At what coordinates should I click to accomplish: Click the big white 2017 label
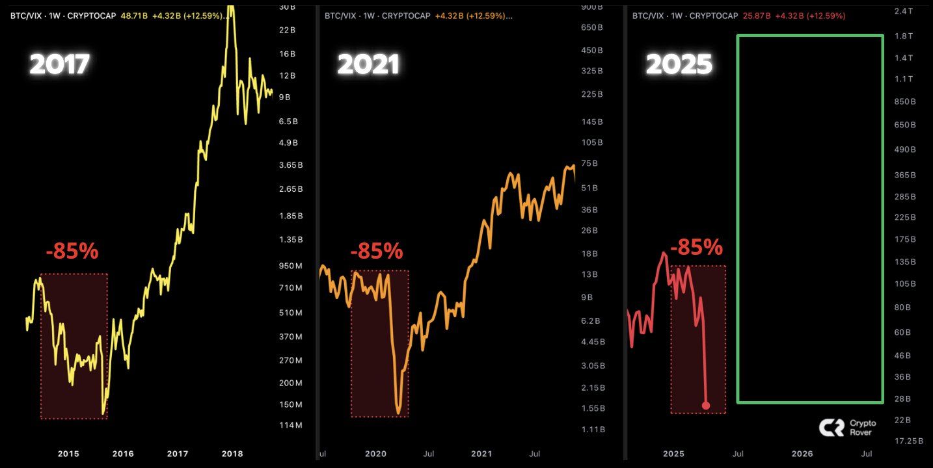(59, 64)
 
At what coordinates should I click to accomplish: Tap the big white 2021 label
(368, 64)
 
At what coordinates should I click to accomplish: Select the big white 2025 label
(679, 64)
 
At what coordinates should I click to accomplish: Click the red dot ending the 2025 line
(706, 406)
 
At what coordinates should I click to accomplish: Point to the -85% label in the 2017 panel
(72, 251)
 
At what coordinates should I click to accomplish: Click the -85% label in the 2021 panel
(376, 251)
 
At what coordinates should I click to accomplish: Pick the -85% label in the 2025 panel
(696, 247)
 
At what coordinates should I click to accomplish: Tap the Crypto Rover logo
(847, 427)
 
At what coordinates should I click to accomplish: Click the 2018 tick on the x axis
(232, 454)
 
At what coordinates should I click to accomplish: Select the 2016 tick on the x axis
(123, 454)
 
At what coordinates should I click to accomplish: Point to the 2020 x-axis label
(375, 454)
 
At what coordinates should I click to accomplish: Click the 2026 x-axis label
(802, 454)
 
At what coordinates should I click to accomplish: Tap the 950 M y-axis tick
(290, 266)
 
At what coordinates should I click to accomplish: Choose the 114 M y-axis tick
(290, 425)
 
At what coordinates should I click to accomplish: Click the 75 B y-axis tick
(589, 164)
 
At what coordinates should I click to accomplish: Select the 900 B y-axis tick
(592, 6)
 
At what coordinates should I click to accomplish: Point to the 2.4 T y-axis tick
(904, 11)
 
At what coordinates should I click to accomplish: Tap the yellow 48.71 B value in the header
(135, 16)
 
